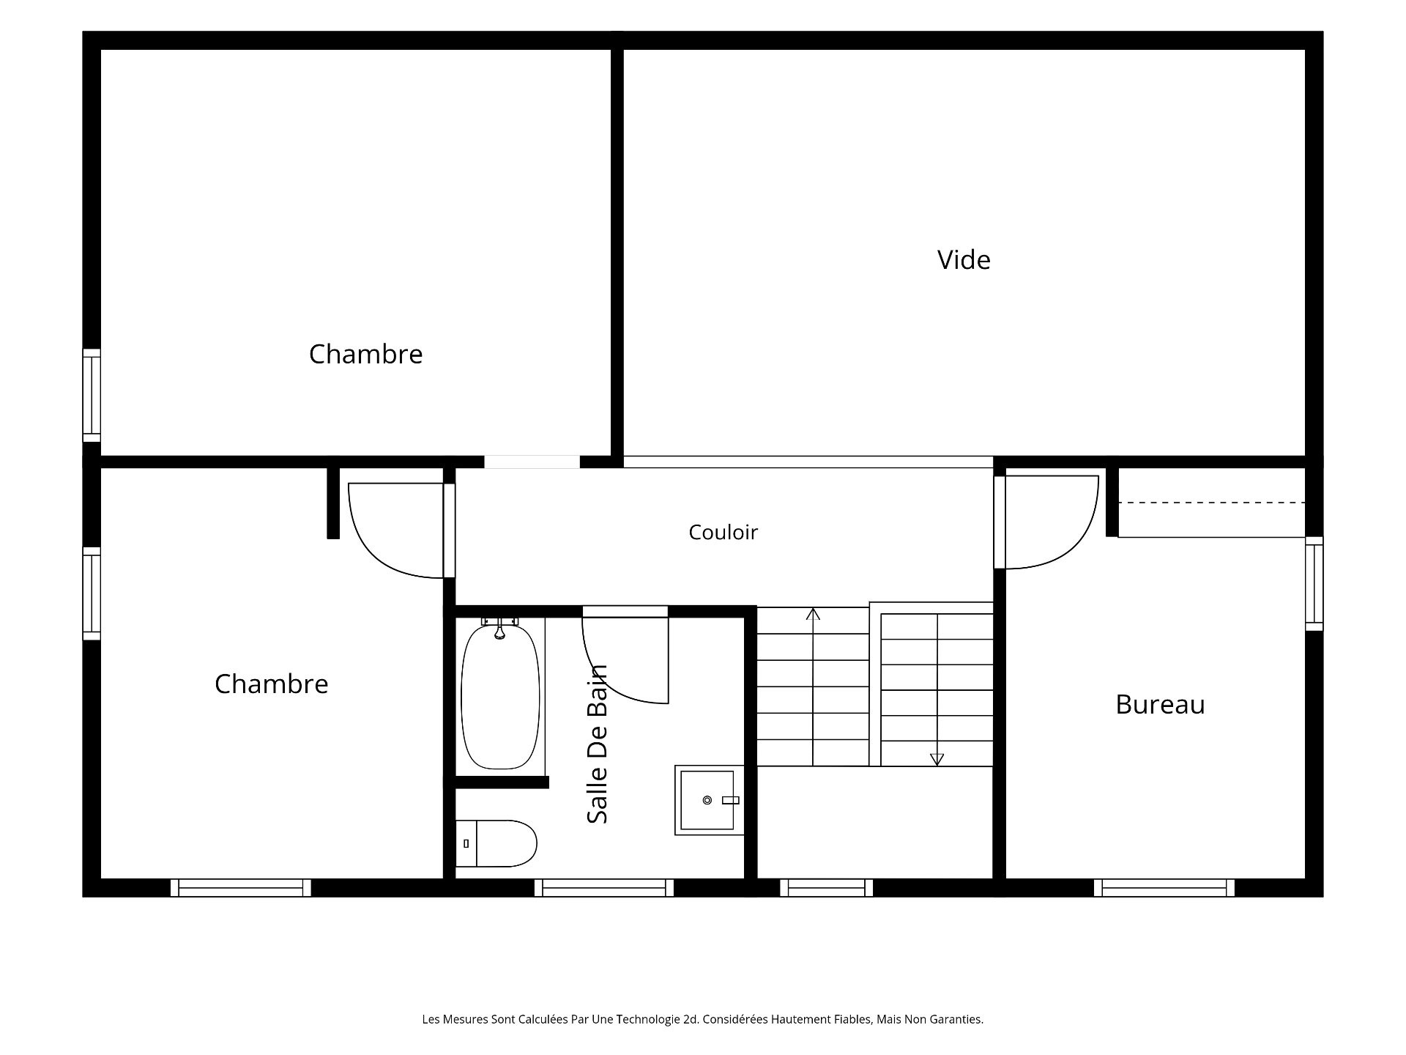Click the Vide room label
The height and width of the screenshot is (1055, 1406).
(x=964, y=260)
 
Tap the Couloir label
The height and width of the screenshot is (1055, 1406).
(x=723, y=532)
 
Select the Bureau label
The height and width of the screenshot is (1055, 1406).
(x=1160, y=705)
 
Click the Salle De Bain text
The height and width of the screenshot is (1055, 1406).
(x=598, y=744)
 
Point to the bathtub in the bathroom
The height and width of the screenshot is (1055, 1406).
(x=500, y=696)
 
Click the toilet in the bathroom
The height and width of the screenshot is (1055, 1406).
(x=496, y=843)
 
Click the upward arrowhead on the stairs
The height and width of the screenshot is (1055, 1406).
(x=813, y=614)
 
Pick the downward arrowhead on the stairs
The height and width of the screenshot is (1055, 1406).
(x=937, y=760)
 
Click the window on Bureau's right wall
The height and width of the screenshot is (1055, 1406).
(x=1314, y=583)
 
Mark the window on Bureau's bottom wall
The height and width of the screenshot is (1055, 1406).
(x=1164, y=888)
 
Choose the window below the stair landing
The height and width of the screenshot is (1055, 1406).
(x=827, y=888)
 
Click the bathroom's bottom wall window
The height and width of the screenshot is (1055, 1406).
(x=604, y=888)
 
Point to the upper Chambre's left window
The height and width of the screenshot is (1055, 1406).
(x=92, y=396)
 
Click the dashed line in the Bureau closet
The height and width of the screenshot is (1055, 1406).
(x=1212, y=503)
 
